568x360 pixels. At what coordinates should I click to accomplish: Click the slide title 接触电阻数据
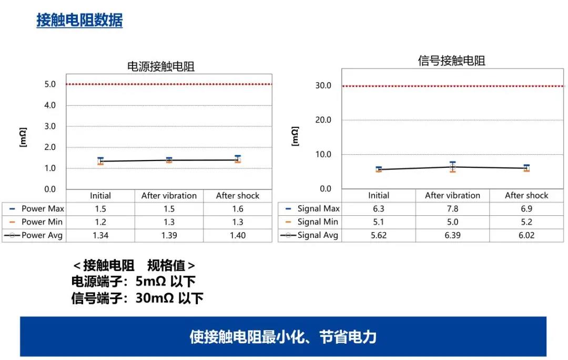click(79, 21)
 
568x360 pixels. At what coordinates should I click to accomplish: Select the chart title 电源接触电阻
click(161, 66)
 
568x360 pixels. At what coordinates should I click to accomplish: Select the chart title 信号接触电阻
click(451, 61)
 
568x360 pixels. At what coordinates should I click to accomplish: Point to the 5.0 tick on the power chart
click(50, 84)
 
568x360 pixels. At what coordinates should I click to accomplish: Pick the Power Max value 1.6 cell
click(238, 209)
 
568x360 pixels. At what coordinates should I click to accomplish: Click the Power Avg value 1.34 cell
click(100, 235)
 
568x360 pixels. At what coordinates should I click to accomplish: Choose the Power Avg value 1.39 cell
click(169, 235)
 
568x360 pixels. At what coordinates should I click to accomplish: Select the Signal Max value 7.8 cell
click(452, 209)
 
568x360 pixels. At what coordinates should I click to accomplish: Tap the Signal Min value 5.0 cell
click(452, 222)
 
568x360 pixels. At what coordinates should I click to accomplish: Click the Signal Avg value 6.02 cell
click(526, 235)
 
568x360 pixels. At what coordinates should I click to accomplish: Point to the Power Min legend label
click(42, 222)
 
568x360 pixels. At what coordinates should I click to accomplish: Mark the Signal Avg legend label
click(318, 235)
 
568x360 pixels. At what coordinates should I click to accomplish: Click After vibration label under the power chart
click(169, 196)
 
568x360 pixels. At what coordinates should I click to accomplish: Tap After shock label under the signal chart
click(526, 195)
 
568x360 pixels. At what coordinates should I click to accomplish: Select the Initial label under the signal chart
click(379, 195)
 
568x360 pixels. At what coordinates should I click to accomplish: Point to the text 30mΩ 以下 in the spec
click(169, 298)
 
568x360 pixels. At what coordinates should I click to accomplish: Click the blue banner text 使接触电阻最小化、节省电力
click(283, 337)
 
